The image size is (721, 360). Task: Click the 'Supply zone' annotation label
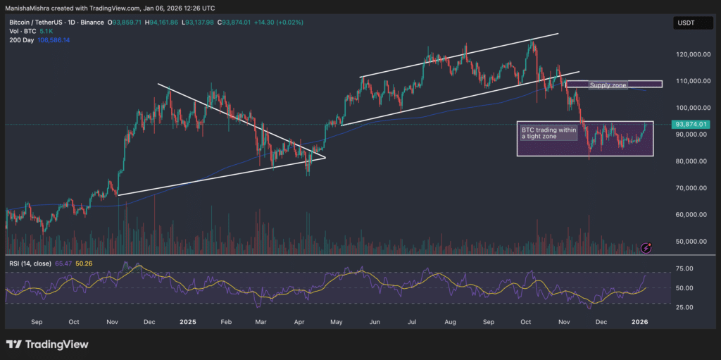point(608,85)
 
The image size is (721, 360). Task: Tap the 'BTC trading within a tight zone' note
point(547,133)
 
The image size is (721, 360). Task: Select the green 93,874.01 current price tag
point(690,124)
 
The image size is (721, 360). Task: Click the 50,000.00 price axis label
point(691,241)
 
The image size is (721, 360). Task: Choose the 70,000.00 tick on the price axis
point(691,188)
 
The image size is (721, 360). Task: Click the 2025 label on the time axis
point(187,321)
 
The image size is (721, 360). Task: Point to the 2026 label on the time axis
point(639,321)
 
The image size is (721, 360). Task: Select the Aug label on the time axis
point(451,321)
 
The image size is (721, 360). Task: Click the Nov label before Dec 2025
point(563,321)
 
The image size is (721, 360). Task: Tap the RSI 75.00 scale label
point(684,268)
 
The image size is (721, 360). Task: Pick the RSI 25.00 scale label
point(684,307)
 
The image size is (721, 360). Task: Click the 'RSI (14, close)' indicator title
point(30,263)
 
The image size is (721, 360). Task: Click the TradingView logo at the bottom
point(48,345)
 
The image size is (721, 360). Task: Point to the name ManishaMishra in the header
point(28,8)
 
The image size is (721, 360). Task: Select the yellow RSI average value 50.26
point(84,263)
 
